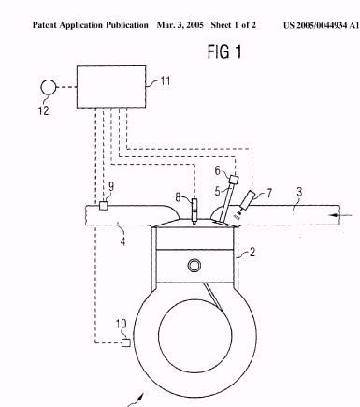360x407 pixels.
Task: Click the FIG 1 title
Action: pyautogui.click(x=224, y=51)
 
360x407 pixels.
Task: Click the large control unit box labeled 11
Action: pyautogui.click(x=111, y=87)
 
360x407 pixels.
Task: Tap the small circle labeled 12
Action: pyautogui.click(x=49, y=87)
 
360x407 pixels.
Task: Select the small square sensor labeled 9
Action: pyautogui.click(x=103, y=206)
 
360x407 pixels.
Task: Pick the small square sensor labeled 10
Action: pyautogui.click(x=125, y=342)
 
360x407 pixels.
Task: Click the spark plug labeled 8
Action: pyautogui.click(x=194, y=211)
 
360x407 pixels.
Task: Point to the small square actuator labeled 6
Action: pyautogui.click(x=234, y=180)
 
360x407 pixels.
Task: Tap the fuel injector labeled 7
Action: pyautogui.click(x=247, y=200)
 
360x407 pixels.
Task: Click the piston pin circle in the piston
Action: pyautogui.click(x=194, y=266)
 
